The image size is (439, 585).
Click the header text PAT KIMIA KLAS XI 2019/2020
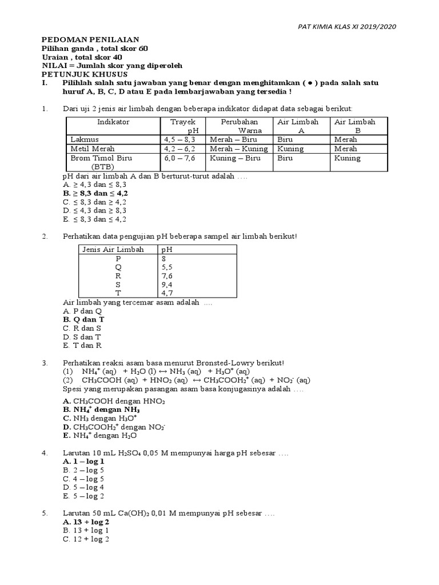347,27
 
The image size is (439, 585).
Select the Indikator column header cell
113,122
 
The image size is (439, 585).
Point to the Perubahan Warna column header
240,126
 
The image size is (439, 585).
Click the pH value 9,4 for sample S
167,284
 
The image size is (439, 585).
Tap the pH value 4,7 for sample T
167,292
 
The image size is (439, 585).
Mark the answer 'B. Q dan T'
84,319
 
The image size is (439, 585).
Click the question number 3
45,363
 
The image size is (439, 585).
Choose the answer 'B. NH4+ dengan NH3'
102,410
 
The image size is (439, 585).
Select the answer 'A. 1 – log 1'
84,461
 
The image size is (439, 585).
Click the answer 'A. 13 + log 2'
86,522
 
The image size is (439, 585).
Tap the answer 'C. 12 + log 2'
86,539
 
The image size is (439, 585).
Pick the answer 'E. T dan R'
83,345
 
